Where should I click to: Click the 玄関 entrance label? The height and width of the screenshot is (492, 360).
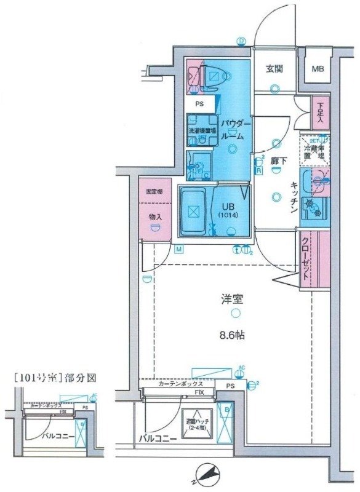coord(274,69)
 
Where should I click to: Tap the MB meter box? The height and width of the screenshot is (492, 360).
coord(317,68)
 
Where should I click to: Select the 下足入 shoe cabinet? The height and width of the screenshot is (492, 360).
coord(320,112)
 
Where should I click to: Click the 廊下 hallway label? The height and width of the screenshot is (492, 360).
coord(276,161)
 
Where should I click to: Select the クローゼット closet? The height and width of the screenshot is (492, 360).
coord(306,258)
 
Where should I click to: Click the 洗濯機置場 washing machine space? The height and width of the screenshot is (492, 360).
coord(201,132)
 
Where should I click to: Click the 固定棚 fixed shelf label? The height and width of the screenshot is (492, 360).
coord(154,191)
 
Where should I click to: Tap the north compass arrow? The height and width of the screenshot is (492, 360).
coord(211,474)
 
